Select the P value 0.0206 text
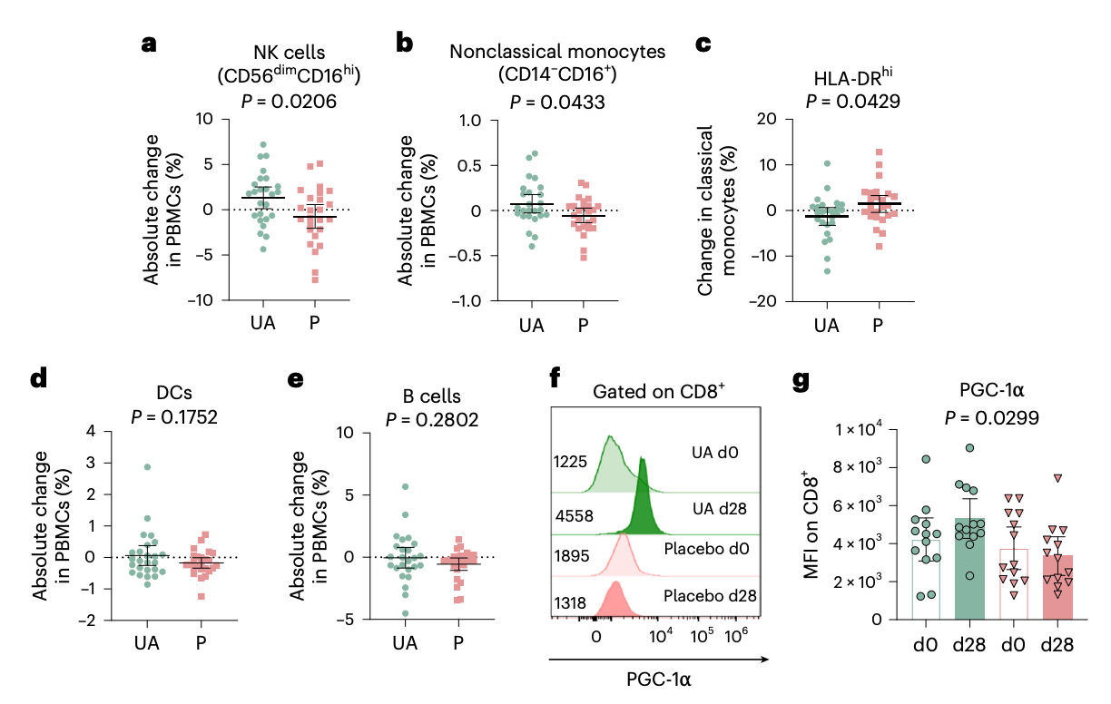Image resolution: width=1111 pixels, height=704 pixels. pyautogui.click(x=290, y=103)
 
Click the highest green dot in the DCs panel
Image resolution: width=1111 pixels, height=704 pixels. pyautogui.click(x=147, y=467)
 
